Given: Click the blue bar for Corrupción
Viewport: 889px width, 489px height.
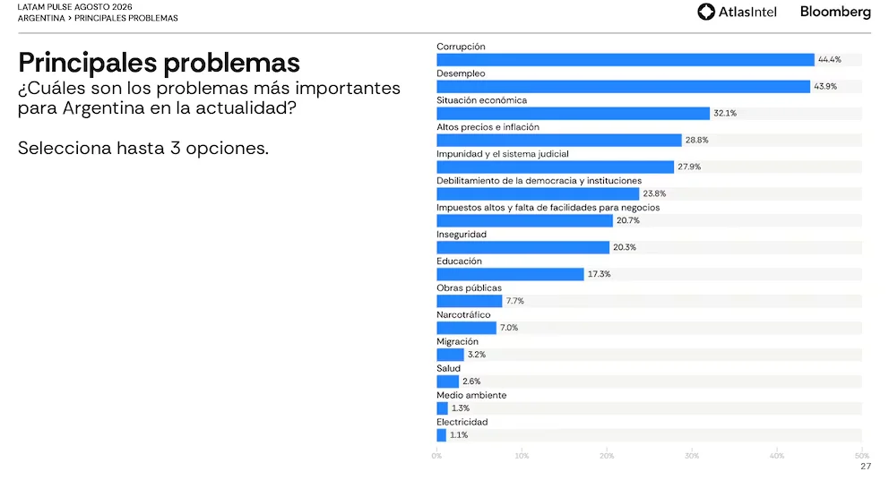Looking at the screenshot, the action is [x=626, y=59].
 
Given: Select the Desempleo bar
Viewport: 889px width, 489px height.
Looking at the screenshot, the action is [x=623, y=86].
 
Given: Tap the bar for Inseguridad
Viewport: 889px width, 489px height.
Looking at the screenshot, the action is [x=522, y=247].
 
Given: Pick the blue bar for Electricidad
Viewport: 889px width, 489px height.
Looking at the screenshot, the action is [x=441, y=435].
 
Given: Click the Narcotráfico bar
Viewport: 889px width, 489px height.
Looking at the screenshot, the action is [x=466, y=328].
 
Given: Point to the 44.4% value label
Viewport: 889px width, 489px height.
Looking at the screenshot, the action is [x=830, y=59].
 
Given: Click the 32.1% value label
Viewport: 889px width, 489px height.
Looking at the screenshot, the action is [x=725, y=114].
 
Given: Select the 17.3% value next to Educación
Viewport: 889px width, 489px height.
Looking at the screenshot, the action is [x=600, y=274].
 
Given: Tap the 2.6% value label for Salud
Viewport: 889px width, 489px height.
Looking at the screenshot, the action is [x=471, y=382].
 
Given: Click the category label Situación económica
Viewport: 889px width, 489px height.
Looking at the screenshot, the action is [x=482, y=100].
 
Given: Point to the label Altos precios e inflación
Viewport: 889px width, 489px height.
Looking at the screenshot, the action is [x=488, y=127].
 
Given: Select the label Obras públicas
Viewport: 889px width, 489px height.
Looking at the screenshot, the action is [x=469, y=287].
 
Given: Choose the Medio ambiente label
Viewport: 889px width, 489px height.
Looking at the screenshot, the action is [x=471, y=396].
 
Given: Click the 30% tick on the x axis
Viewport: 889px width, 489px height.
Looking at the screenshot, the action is [x=692, y=456].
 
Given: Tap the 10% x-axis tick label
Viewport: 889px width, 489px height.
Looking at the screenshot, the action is [x=522, y=456].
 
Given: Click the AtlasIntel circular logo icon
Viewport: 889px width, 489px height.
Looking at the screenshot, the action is [x=706, y=12].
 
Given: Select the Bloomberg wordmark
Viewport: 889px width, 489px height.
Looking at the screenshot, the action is [x=835, y=12].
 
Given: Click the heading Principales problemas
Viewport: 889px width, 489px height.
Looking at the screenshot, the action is [x=159, y=63].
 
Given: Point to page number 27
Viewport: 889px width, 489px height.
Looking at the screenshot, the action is [x=865, y=467].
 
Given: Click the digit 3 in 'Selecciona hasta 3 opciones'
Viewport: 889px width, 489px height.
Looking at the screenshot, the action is [x=175, y=149].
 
